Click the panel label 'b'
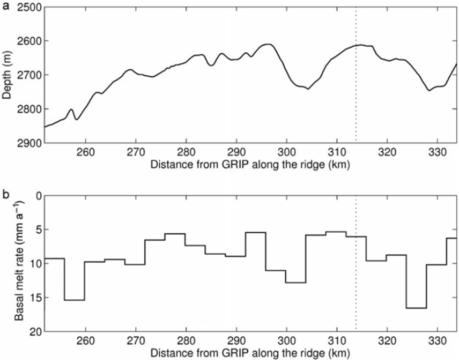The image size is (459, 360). pyautogui.click(x=6, y=194)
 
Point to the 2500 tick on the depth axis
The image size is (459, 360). pyautogui.click(x=29, y=7)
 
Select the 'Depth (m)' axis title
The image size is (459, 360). pyautogui.click(x=7, y=75)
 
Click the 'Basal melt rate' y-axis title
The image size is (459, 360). pyautogui.click(x=19, y=261)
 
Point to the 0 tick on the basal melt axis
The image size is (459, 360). pyautogui.click(x=39, y=196)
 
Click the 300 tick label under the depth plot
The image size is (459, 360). pyautogui.click(x=287, y=152)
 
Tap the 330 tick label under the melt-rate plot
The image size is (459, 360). pyautogui.click(x=437, y=341)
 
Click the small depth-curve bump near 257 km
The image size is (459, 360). pyautogui.click(x=71, y=110)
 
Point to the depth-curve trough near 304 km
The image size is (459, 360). pyautogui.click(x=308, y=89)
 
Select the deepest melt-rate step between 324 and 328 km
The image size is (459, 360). pyautogui.click(x=416, y=308)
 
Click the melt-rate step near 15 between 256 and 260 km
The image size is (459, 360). pyautogui.click(x=74, y=300)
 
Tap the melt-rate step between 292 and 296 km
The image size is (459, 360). pyautogui.click(x=256, y=232)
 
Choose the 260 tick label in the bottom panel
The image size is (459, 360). pyautogui.click(x=85, y=341)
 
